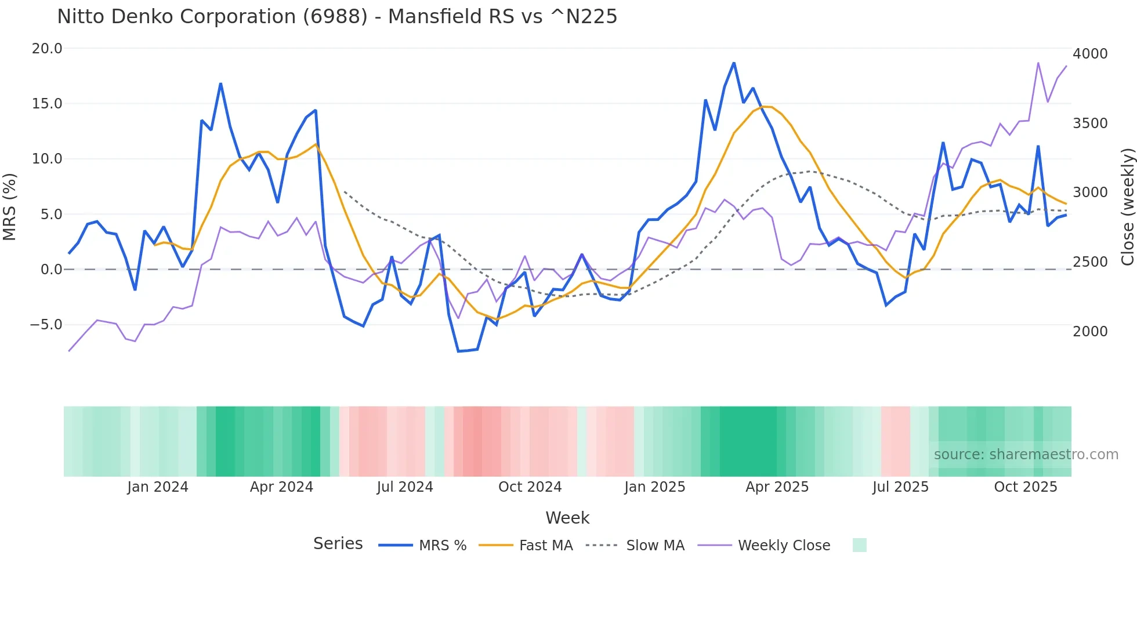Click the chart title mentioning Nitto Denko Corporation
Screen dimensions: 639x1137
pyautogui.click(x=337, y=17)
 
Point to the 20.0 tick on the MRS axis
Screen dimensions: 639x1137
pyautogui.click(x=47, y=49)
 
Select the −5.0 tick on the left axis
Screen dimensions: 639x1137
pyautogui.click(x=46, y=325)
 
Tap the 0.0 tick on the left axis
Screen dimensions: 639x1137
pyautogui.click(x=51, y=270)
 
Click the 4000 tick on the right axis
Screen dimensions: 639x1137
pyautogui.click(x=1090, y=54)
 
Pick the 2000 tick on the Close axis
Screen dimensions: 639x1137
pyautogui.click(x=1090, y=332)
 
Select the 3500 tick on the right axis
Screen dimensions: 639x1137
pyautogui.click(x=1090, y=124)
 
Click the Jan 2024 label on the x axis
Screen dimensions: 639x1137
pyautogui.click(x=158, y=487)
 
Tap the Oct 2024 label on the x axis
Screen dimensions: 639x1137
pyautogui.click(x=530, y=487)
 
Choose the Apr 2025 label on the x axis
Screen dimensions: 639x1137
pyautogui.click(x=777, y=487)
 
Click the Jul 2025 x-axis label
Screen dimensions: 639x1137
pyautogui.click(x=900, y=487)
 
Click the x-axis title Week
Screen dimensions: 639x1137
pyautogui.click(x=567, y=518)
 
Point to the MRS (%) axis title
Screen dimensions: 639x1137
pyautogui.click(x=10, y=207)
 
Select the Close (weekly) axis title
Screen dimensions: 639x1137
pyautogui.click(x=1127, y=207)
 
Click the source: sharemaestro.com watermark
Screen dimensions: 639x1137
pyautogui.click(x=1026, y=455)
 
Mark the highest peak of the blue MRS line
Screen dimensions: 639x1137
pyautogui.click(x=734, y=63)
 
